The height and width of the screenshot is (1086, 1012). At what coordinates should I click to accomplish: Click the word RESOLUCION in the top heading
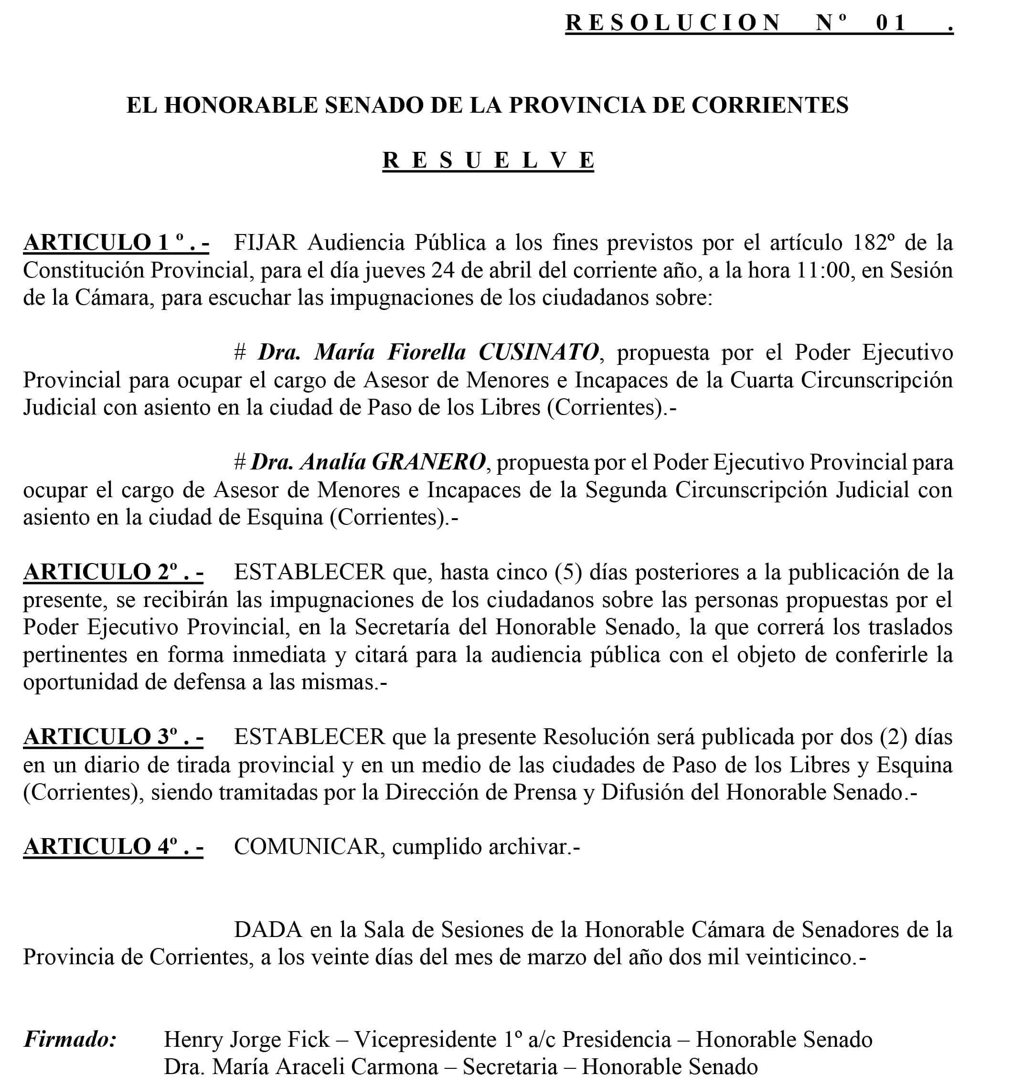point(672,23)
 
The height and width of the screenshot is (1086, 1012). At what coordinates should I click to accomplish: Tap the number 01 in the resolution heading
point(891,23)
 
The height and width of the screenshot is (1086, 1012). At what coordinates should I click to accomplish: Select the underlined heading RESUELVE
point(488,160)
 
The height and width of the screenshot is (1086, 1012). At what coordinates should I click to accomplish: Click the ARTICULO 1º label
point(116,243)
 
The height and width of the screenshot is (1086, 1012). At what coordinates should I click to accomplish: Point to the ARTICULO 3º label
point(113,737)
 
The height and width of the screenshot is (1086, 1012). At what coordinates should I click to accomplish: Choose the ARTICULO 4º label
point(113,847)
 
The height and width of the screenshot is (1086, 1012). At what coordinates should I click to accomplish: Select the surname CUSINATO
point(539,352)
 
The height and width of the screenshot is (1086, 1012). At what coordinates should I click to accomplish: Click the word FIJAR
point(265,243)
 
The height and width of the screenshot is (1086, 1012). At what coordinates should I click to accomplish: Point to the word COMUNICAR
point(307,847)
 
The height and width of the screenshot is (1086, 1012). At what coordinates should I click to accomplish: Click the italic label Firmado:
point(70,1039)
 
